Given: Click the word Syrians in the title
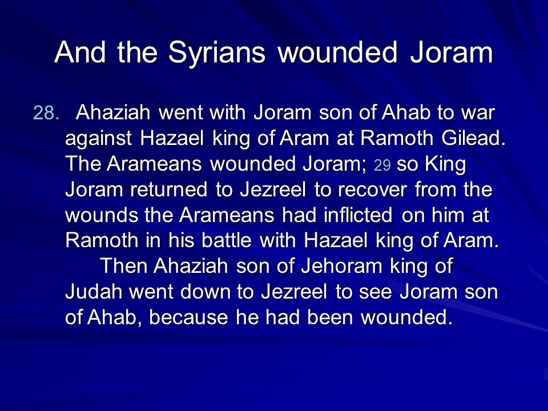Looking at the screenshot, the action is click(217, 53).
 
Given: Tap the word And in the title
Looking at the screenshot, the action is click(80, 52).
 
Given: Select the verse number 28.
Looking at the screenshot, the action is click(46, 113).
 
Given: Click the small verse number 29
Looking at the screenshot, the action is click(382, 165).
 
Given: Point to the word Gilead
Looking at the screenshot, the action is click(473, 138).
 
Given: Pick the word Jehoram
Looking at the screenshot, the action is click(341, 266).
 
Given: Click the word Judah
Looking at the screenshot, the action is click(94, 292).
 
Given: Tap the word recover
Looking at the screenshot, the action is click(372, 190).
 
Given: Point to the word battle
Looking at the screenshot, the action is click(227, 240).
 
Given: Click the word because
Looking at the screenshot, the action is click(188, 317).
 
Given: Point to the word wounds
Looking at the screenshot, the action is click(102, 215).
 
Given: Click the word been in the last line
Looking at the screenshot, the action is click(330, 317).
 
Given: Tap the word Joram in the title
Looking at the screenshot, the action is click(452, 52).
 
